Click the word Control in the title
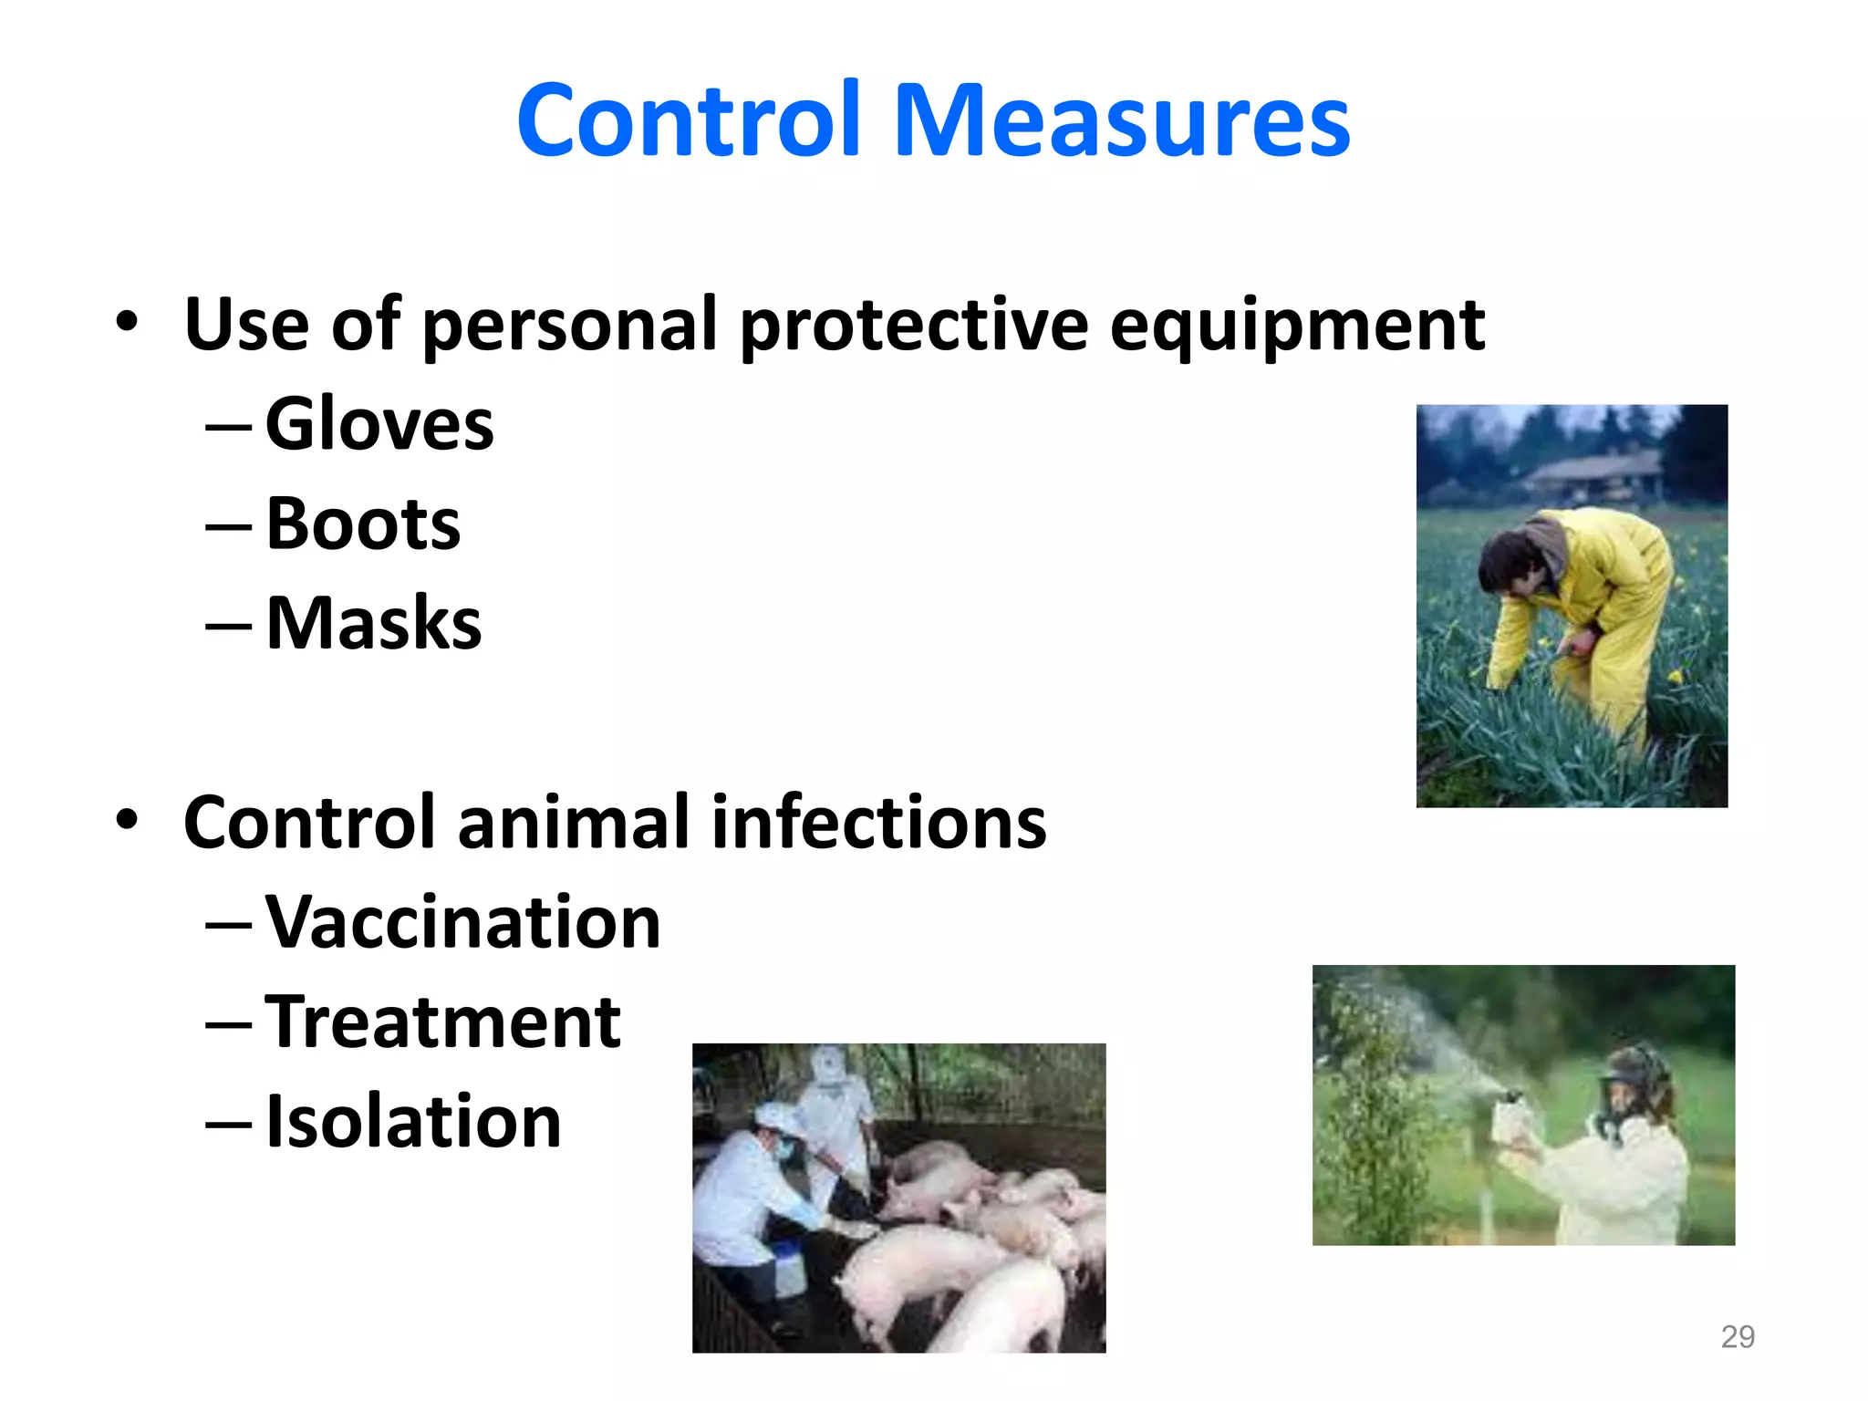point(689,120)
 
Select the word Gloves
point(379,424)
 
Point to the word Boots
point(363,524)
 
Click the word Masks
point(374,624)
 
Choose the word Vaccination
point(462,923)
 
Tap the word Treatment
point(443,1022)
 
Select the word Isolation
point(413,1122)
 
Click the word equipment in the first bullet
point(1297,326)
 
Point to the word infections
point(878,823)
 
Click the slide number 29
point(1737,1337)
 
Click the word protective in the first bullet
point(913,326)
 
